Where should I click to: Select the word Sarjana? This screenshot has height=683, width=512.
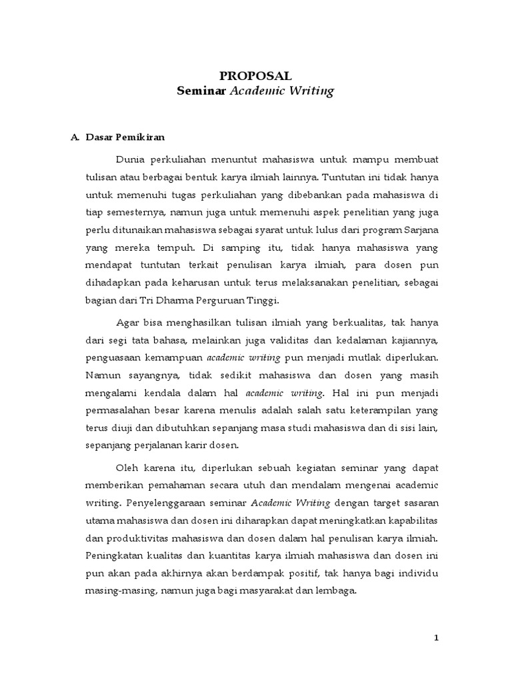click(x=423, y=230)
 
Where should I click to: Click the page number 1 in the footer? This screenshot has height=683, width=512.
click(x=437, y=638)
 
